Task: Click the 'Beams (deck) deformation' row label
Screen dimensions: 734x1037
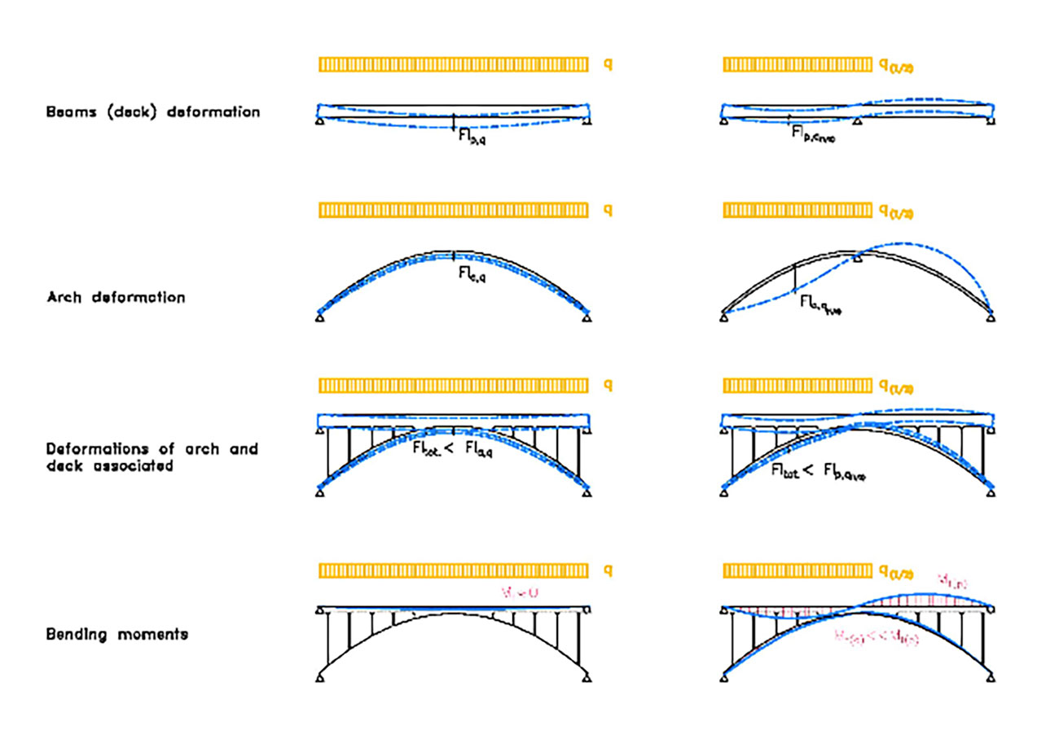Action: tap(153, 112)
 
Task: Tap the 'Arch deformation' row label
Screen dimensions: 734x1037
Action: tap(116, 298)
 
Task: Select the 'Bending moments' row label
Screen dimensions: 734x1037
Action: tap(117, 634)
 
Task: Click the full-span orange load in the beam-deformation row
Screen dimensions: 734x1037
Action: tap(453, 64)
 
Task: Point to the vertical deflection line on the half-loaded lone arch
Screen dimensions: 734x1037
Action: tap(794, 279)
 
